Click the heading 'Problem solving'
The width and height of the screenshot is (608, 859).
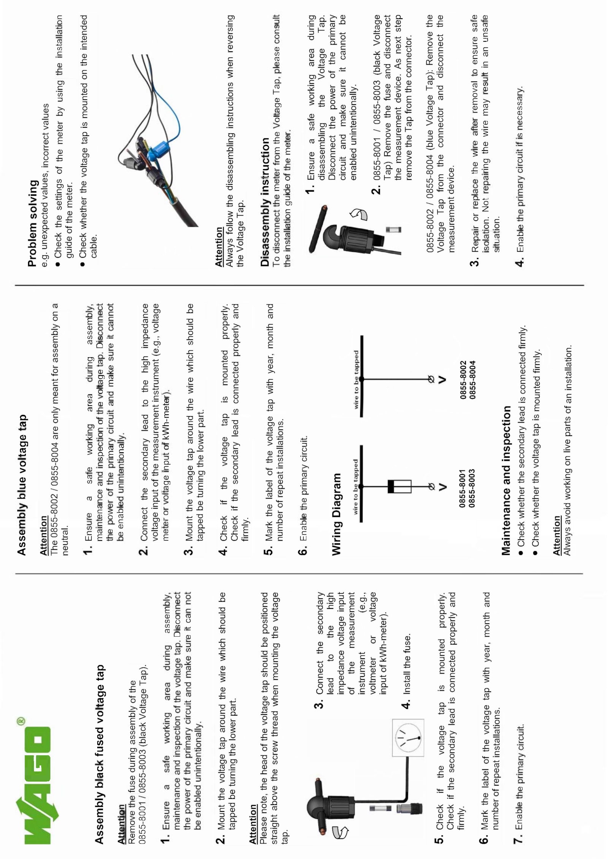pos(33,223)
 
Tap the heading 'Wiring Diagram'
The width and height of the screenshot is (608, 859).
pos(336,514)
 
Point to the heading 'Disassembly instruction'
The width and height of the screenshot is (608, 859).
pos(265,202)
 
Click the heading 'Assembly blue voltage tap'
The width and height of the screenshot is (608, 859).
pos(22,485)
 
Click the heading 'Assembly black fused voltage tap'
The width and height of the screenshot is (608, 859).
pos(99,754)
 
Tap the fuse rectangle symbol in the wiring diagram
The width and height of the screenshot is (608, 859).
pos(399,486)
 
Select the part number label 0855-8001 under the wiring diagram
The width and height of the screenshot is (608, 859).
pos(462,488)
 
